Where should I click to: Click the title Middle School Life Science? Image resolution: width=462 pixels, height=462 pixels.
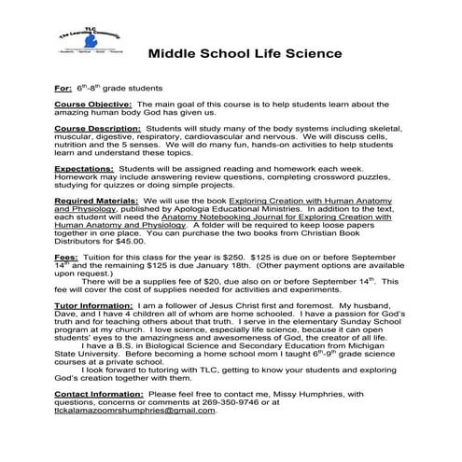245,53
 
